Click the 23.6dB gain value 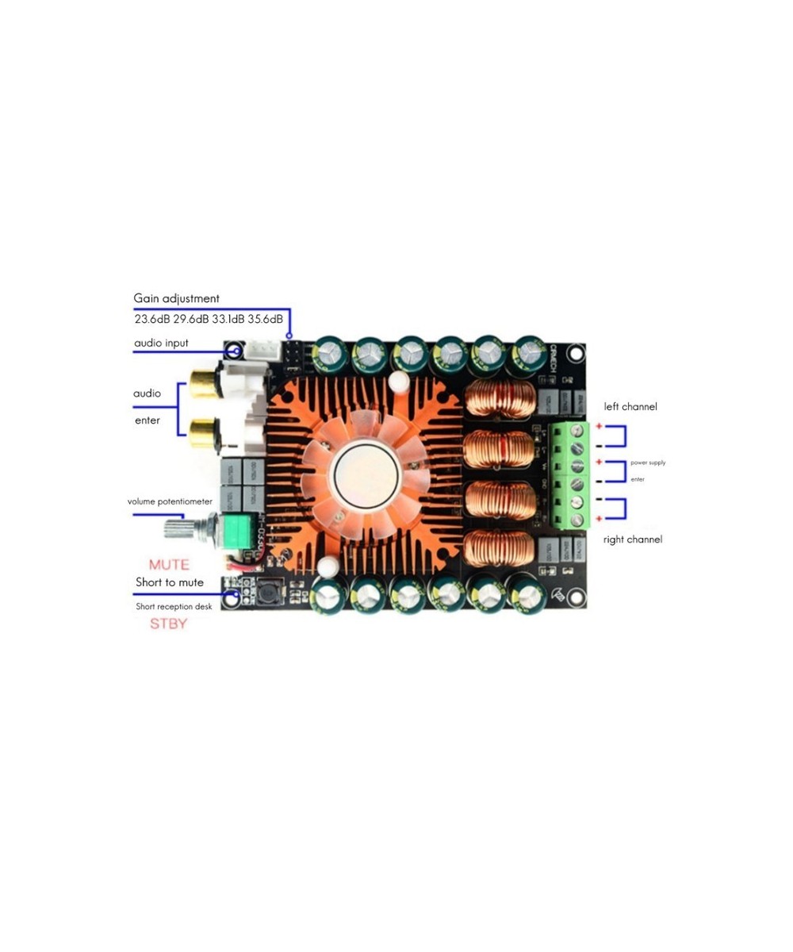point(151,319)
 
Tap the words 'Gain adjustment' point(176,298)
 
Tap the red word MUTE point(169,565)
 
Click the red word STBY point(169,623)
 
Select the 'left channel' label point(630,406)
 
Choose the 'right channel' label point(632,539)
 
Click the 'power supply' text point(648,461)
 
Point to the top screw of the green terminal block point(577,431)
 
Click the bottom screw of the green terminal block point(577,520)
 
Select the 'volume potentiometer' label point(170,502)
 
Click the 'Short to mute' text point(169,582)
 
